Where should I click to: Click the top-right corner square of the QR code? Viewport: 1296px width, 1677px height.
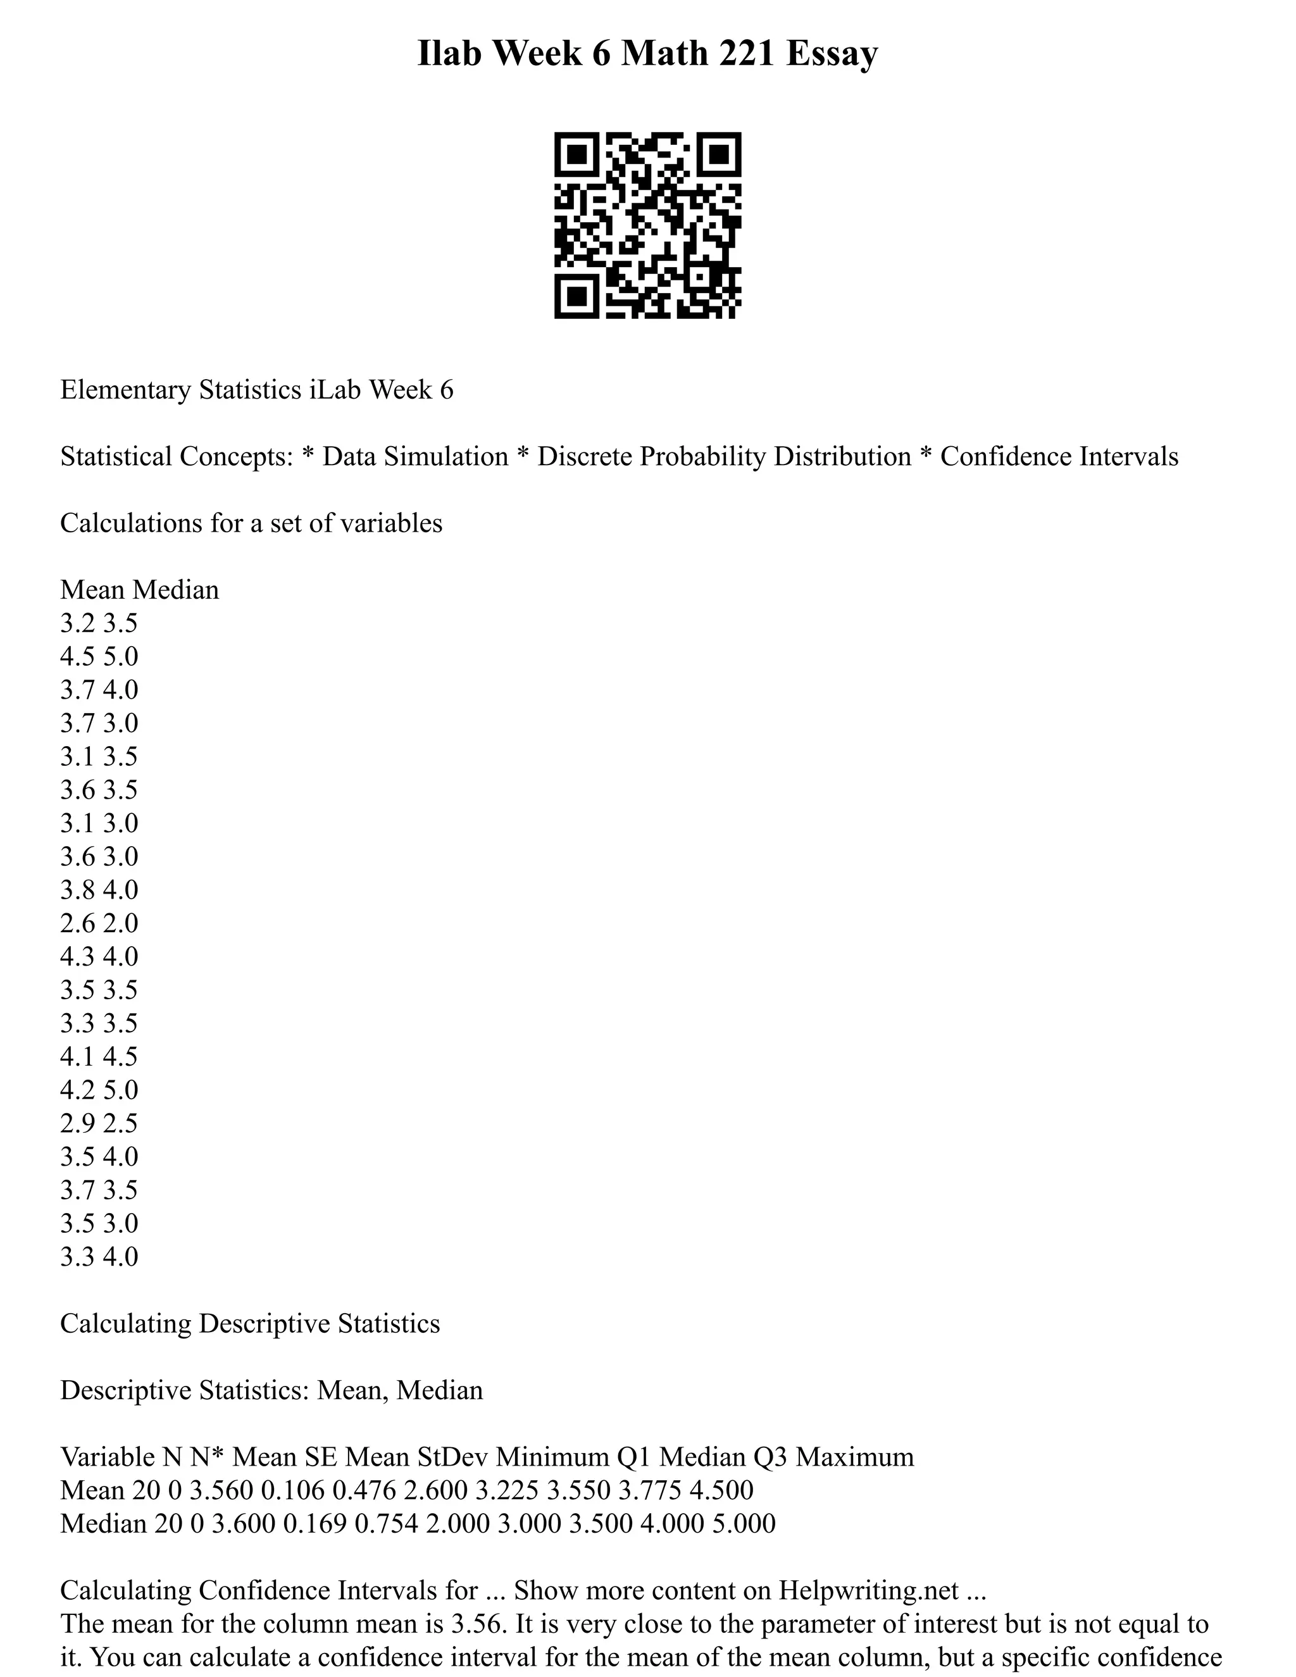coord(719,154)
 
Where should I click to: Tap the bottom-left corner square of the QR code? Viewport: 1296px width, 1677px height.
coord(576,296)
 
